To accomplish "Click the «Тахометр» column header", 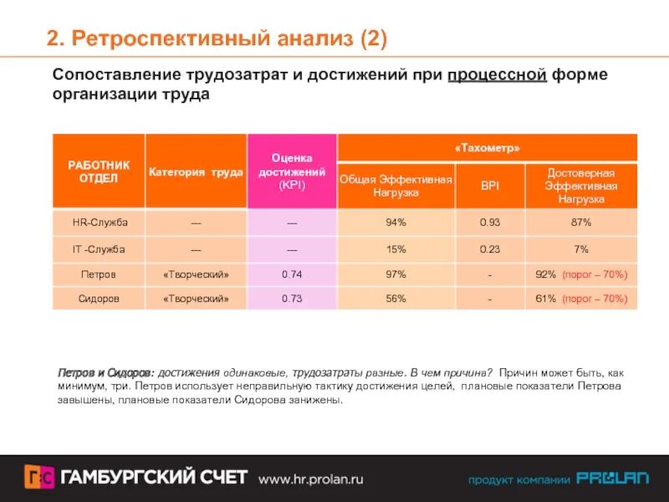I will (x=487, y=147).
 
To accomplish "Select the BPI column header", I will (x=489, y=186).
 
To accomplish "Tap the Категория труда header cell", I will (x=196, y=172).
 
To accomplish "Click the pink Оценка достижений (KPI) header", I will (x=292, y=172).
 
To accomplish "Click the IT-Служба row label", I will (x=98, y=248).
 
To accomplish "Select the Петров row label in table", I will (x=98, y=274).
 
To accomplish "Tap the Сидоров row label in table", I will (x=98, y=299).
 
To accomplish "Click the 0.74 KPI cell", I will (x=292, y=274).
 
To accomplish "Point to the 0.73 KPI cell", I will (x=292, y=299).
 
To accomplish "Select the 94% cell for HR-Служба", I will (x=396, y=223).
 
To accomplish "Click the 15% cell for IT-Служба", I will (x=396, y=248).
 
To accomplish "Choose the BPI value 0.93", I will (x=489, y=223).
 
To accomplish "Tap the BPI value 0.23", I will (x=489, y=248).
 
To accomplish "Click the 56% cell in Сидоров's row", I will (x=396, y=299).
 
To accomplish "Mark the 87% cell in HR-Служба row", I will (x=580, y=223).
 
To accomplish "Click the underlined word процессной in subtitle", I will (x=497, y=75).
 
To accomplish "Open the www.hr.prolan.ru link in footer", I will (x=310, y=479).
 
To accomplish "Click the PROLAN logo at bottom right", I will (x=611, y=479).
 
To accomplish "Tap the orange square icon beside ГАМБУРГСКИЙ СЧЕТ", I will (x=39, y=477).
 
